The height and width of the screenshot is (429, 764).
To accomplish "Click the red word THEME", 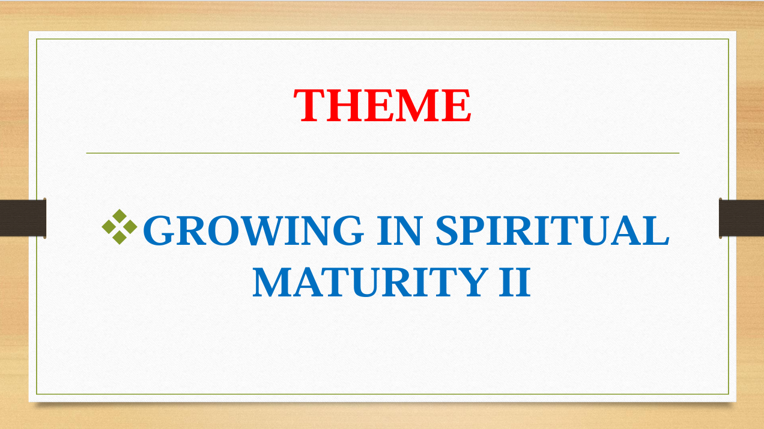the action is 383,105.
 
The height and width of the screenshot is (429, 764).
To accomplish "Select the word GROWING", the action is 253,230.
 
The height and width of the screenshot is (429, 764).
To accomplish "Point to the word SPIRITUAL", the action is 553,230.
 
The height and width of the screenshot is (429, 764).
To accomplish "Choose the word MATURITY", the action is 371,282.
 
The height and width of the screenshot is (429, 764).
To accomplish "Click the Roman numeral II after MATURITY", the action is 515,282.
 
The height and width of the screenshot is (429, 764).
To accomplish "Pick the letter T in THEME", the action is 308,105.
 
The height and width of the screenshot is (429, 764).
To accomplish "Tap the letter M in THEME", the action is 419,105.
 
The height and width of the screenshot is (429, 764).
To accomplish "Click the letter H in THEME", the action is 343,105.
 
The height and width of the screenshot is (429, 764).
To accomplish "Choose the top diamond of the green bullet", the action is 120,216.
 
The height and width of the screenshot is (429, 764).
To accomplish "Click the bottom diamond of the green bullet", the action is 120,238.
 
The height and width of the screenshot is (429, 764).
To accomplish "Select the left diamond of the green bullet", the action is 109,227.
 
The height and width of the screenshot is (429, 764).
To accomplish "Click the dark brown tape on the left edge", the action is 23,218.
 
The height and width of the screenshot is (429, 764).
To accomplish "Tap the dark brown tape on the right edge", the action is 742,218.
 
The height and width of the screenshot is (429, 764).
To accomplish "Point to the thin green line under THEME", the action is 383,154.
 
